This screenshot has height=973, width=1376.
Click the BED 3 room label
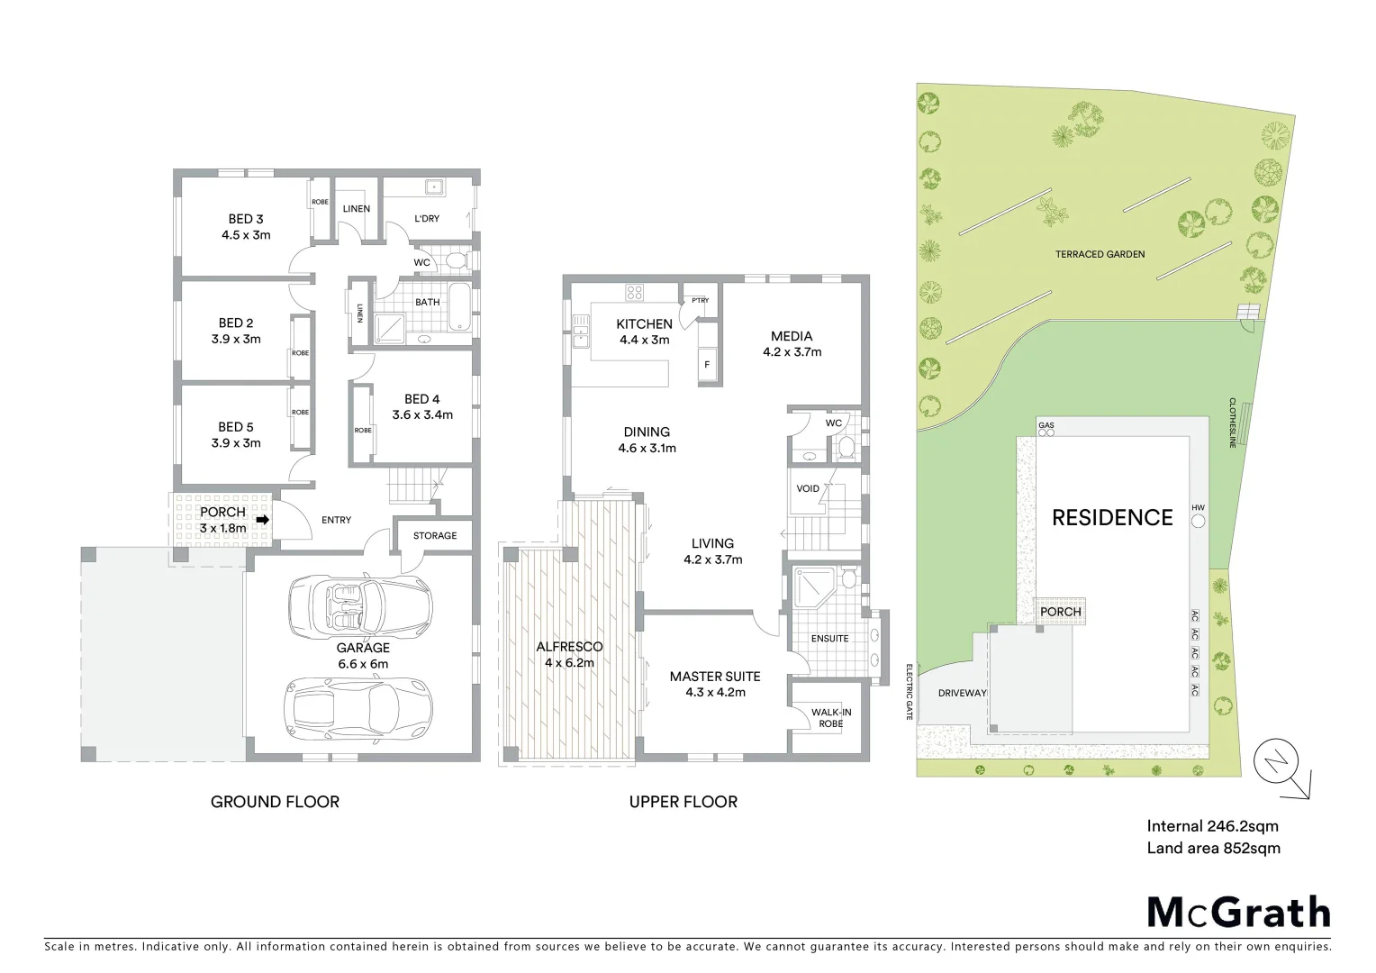tap(246, 219)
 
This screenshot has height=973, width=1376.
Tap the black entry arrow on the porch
tap(263, 520)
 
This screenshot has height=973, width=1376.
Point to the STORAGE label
tap(435, 536)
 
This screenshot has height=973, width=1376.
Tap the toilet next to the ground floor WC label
tap(455, 262)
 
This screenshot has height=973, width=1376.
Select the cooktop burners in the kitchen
tap(634, 292)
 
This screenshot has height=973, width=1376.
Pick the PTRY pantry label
tap(699, 301)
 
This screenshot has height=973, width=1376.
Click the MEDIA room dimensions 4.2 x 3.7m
tap(792, 352)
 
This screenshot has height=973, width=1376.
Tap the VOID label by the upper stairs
tap(808, 489)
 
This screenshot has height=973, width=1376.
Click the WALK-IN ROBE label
tap(830, 717)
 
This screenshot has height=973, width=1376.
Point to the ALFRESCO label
tap(569, 647)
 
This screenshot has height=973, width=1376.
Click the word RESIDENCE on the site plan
tap(1112, 518)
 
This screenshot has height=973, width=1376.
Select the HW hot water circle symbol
tap(1198, 522)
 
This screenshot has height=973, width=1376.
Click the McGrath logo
tap(1237, 912)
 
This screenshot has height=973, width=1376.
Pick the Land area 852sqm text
tap(1213, 848)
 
